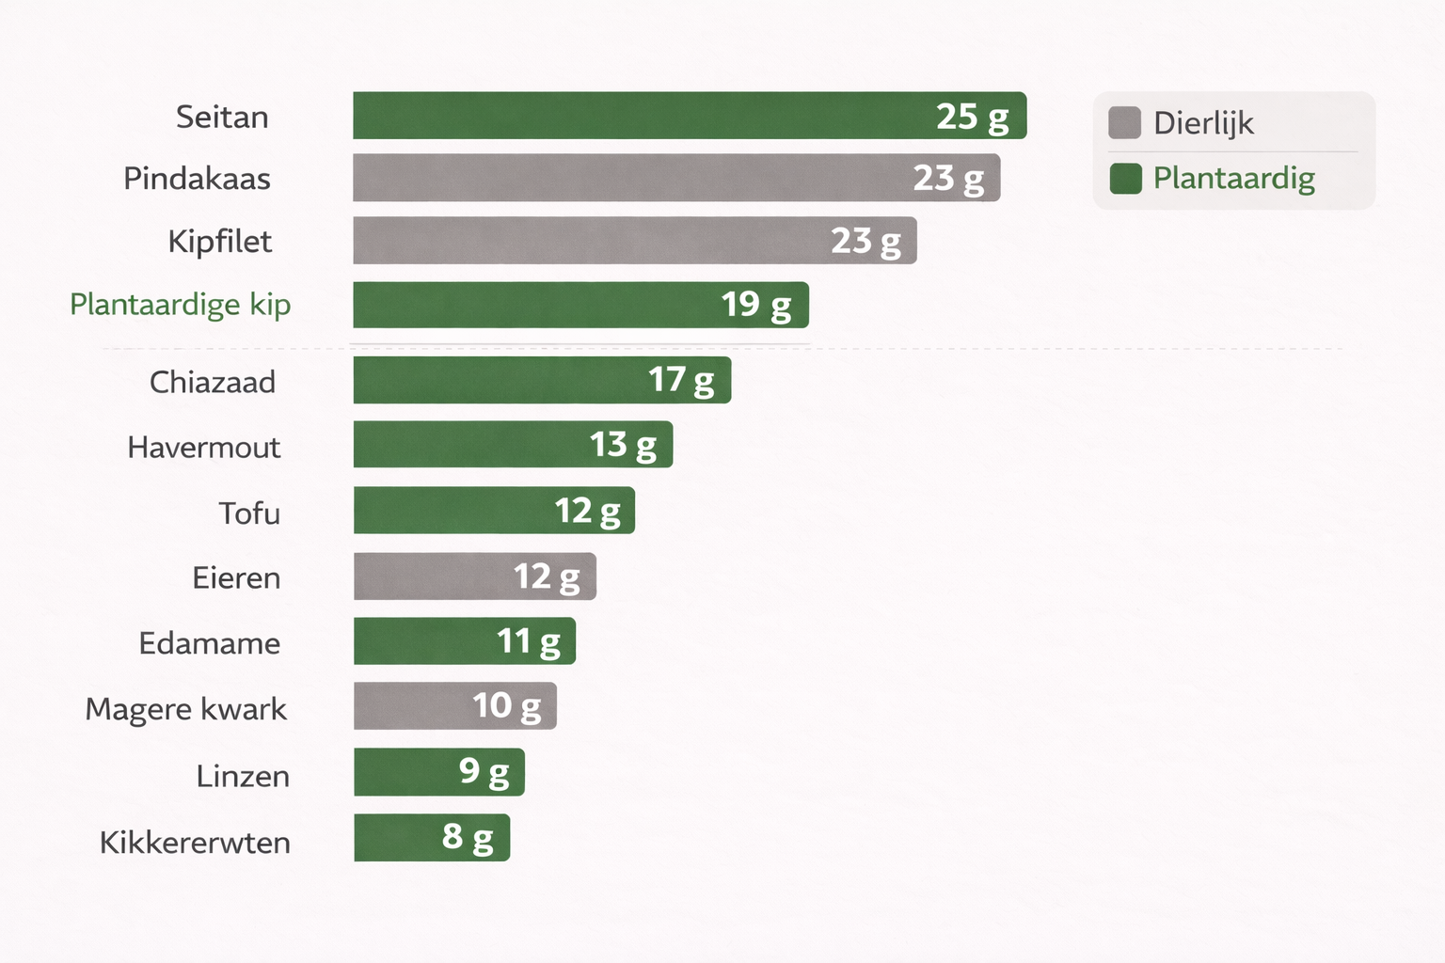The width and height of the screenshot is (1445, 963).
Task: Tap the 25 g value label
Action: pyautogui.click(x=972, y=117)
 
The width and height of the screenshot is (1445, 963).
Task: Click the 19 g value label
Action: pyautogui.click(x=756, y=305)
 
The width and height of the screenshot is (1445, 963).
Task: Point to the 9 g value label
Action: pyautogui.click(x=484, y=772)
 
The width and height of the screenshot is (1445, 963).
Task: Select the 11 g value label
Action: pyautogui.click(x=528, y=641)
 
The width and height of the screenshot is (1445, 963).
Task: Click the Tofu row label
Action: pyautogui.click(x=249, y=513)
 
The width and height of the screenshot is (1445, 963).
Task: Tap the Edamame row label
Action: pyautogui.click(x=210, y=643)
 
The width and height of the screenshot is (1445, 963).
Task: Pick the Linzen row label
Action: pyautogui.click(x=243, y=776)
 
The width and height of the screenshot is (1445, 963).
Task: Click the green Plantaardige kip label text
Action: pyautogui.click(x=181, y=305)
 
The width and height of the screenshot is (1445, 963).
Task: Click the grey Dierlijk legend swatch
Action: pyautogui.click(x=1124, y=122)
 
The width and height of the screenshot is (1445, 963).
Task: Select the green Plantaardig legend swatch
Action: pyautogui.click(x=1125, y=178)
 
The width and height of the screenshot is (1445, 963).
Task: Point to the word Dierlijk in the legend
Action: pyautogui.click(x=1203, y=123)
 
